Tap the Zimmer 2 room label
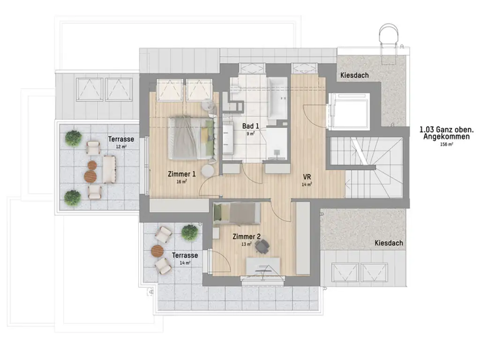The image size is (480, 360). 247,237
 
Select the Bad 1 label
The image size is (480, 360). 251,126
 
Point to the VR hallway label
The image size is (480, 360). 307,177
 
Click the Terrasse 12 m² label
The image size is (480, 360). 121,139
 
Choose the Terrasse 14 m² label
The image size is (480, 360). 185,255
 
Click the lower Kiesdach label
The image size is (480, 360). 389,243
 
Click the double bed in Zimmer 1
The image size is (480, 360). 191,138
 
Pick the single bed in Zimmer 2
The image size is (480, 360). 237,213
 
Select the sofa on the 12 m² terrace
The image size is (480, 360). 109,169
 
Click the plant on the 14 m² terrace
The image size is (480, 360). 189,232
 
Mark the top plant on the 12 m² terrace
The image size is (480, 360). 73,138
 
